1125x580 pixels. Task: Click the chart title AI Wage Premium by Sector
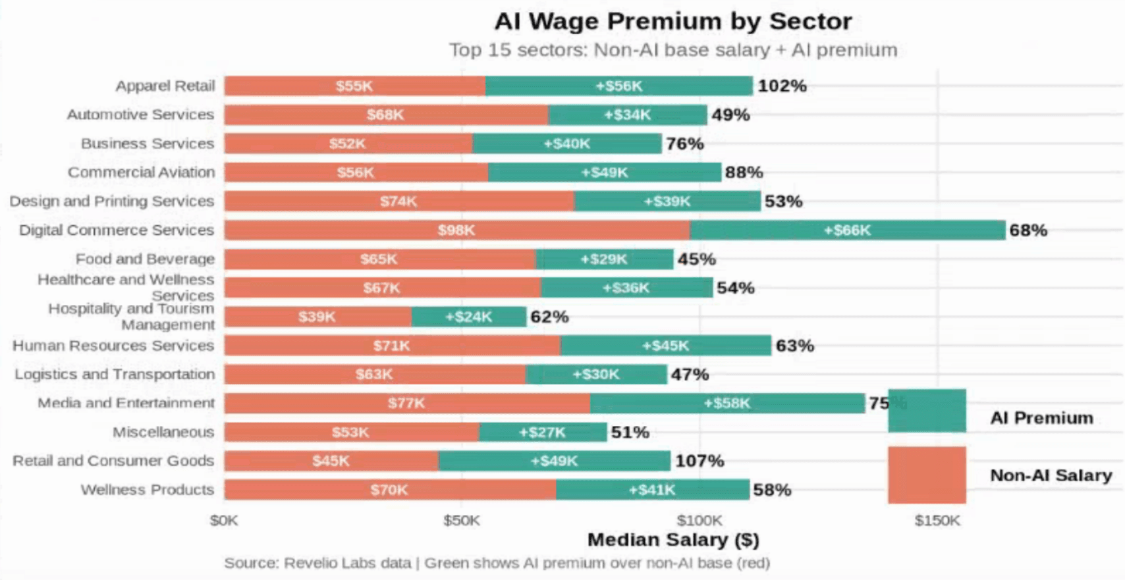coord(672,21)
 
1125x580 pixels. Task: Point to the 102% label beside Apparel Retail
coord(782,86)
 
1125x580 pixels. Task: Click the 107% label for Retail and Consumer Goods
coord(699,461)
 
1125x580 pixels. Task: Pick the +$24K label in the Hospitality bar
coord(468,317)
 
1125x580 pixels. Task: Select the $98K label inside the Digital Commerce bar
coord(456,230)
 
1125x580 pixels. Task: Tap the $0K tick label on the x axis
coord(224,521)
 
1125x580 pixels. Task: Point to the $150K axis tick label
coord(937,521)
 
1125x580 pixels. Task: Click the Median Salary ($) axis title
coord(672,540)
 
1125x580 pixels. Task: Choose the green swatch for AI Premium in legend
coord(926,411)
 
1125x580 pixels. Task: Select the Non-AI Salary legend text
coord(1051,475)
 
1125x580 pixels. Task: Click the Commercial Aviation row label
coord(141,172)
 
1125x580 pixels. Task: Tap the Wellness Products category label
coord(147,490)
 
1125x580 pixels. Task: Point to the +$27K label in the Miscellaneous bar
coord(541,433)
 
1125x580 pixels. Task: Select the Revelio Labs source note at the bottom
coord(497,563)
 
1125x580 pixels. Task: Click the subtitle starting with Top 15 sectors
coord(672,50)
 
